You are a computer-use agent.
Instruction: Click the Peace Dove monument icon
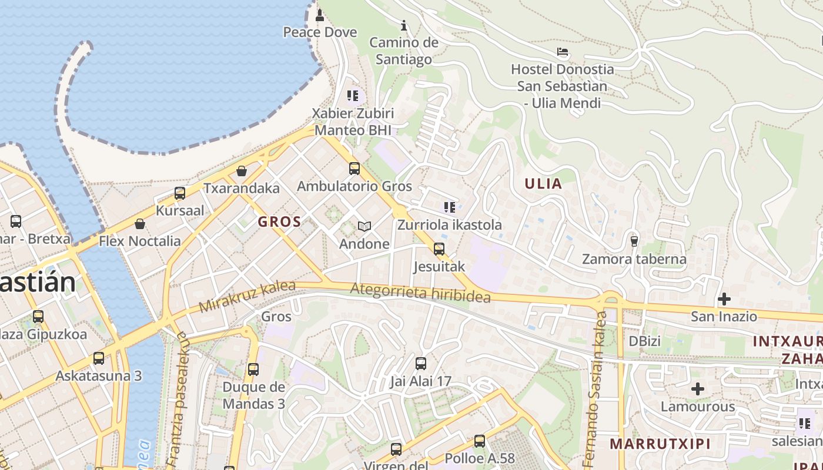(320, 14)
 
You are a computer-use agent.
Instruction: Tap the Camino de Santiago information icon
(404, 25)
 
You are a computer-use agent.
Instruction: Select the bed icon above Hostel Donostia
(563, 52)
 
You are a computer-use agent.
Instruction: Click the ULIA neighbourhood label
(543, 183)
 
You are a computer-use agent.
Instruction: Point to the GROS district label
(279, 222)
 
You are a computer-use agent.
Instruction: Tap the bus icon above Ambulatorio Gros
(354, 169)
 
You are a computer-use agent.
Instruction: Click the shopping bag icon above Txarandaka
(241, 171)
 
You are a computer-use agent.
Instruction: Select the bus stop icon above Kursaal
(180, 193)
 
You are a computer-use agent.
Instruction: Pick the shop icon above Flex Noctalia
(140, 224)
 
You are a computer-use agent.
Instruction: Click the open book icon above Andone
(364, 226)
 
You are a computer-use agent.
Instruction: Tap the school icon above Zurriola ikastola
(450, 207)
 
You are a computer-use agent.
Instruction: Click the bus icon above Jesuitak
(439, 249)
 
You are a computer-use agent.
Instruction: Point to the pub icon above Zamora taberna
(634, 241)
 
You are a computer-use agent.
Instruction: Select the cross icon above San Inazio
(724, 299)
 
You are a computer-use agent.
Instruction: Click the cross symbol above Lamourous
(698, 389)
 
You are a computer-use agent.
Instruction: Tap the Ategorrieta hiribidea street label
(420, 292)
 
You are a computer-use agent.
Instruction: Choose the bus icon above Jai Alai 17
(421, 364)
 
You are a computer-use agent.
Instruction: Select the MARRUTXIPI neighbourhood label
(660, 444)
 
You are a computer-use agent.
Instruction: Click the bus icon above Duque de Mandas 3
(253, 370)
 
